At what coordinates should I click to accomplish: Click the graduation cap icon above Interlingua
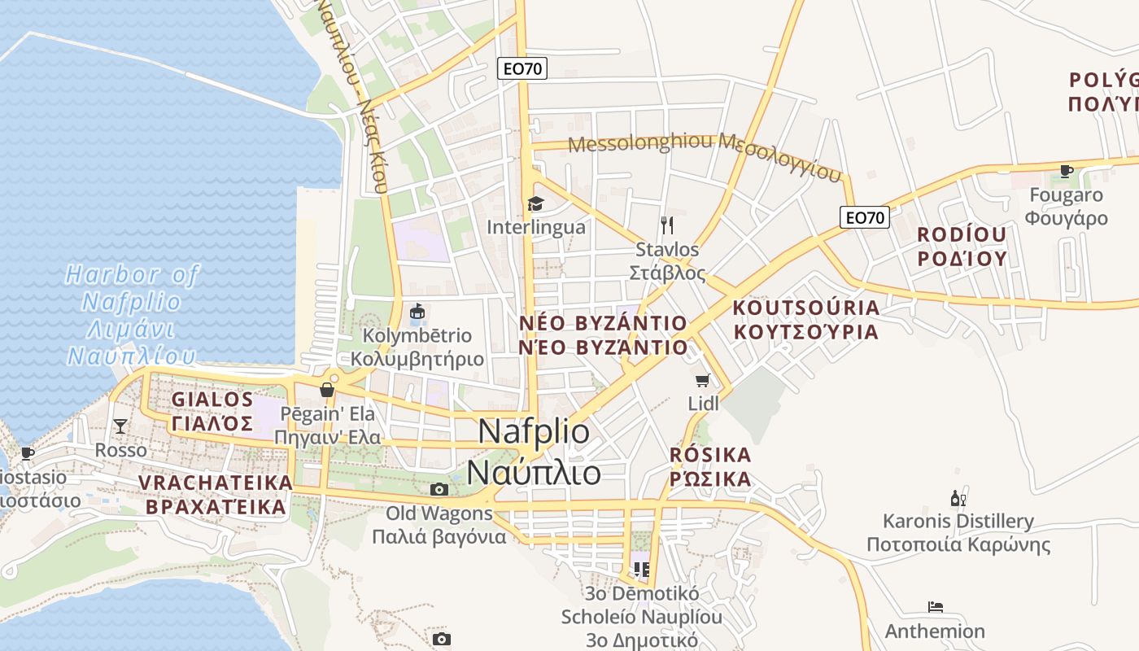535,203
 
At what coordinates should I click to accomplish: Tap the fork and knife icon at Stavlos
667,225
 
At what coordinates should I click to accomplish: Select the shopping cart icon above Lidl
703,380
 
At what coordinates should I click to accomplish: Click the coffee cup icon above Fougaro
1065,171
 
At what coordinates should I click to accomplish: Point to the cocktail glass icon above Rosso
120,426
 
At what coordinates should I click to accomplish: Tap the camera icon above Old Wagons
439,489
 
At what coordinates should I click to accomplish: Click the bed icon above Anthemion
936,607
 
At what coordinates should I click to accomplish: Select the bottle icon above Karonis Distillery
958,498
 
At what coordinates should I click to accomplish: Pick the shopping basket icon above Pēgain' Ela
327,390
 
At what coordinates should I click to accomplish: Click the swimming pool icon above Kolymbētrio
417,311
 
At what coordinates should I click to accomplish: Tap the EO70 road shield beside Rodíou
865,217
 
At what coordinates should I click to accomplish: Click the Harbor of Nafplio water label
133,315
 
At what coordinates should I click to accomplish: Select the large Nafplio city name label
535,452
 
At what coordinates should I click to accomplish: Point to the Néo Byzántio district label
603,335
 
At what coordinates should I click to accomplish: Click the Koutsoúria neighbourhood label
806,320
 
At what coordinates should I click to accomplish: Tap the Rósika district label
710,466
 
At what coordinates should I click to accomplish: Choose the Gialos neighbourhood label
212,411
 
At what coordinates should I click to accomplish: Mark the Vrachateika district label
215,495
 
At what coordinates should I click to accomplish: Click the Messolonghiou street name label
705,155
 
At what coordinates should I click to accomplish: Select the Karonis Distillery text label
958,532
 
